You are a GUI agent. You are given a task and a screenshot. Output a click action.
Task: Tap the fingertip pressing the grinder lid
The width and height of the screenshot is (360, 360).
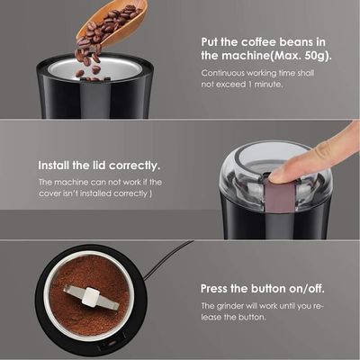(277, 175)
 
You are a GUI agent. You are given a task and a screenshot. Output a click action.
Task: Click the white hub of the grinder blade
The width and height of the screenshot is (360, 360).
(90, 297)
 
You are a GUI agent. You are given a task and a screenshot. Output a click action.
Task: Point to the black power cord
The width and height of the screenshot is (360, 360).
(168, 259)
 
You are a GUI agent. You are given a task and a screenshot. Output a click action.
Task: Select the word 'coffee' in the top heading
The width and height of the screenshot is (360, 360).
(258, 41)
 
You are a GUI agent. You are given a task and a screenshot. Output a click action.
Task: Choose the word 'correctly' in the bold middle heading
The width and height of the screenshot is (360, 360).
(134, 166)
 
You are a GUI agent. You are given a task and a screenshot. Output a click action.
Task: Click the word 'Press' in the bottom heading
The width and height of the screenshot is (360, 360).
(214, 289)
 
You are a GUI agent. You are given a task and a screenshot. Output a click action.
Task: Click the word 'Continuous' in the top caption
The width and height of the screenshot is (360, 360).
(222, 73)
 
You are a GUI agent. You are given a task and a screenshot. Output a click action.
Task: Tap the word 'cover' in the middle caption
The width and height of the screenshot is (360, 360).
(49, 193)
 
